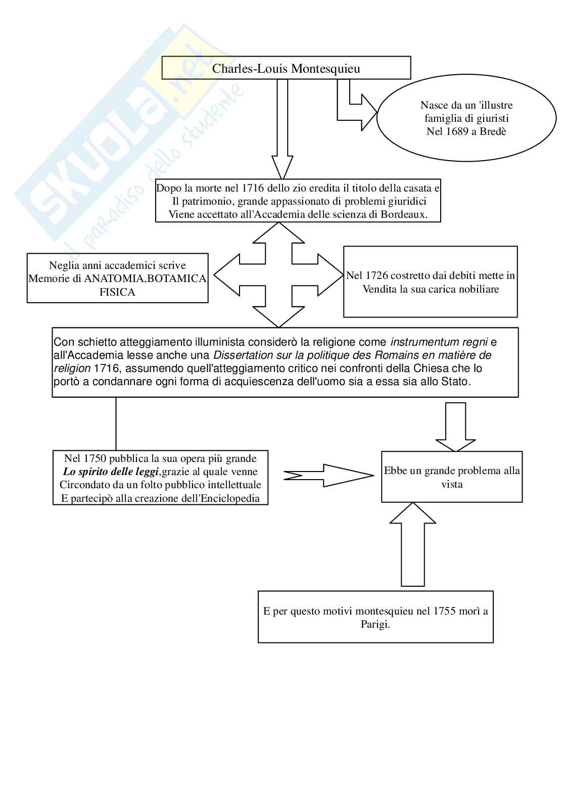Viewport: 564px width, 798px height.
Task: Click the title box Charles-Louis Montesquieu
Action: click(286, 68)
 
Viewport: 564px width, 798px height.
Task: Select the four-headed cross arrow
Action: click(278, 275)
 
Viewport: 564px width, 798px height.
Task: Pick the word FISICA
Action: click(117, 292)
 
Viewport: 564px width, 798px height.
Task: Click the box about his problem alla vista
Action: click(452, 477)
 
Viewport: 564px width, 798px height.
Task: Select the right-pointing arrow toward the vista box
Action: click(328, 475)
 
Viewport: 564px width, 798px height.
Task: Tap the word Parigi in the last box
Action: click(375, 625)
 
